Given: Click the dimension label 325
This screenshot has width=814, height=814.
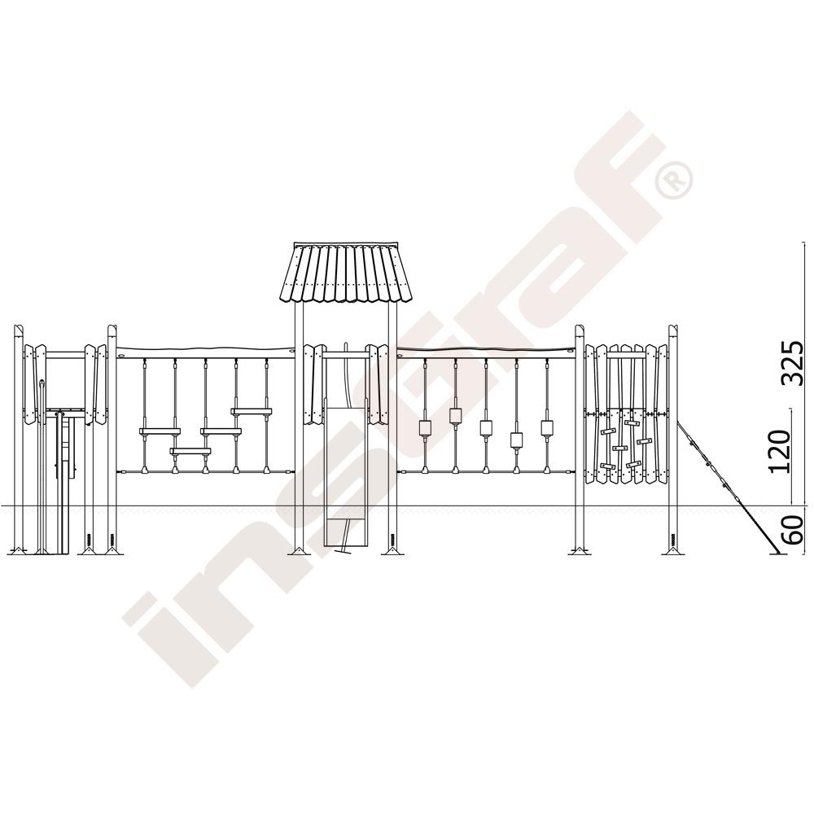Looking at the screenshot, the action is tap(793, 363).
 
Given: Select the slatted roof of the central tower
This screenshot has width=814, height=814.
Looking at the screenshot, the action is tap(347, 273).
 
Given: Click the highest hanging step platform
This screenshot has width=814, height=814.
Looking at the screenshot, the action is tap(252, 412).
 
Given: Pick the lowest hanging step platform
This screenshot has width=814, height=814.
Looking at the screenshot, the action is tap(190, 451).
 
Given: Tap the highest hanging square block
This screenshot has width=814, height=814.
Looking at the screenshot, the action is tap(455, 415).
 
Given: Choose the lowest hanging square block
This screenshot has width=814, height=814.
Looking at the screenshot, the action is tap(517, 440).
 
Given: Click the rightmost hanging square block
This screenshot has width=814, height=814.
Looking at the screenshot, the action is tap(547, 427).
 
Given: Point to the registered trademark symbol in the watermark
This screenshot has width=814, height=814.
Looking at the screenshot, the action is tap(674, 180).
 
